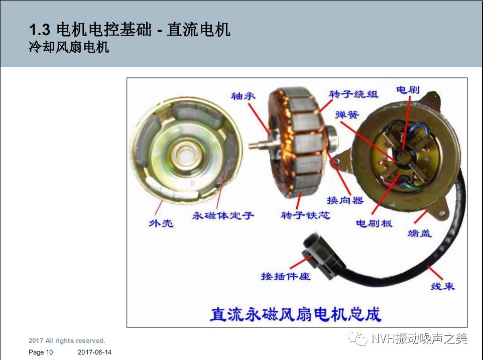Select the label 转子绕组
[x=353, y=94]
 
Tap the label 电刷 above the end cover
[x=408, y=89]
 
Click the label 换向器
[x=345, y=200]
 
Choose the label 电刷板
[x=374, y=223]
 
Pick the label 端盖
[x=419, y=233]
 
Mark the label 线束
[x=442, y=286]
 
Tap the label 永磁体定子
[x=223, y=216]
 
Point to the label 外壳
[x=161, y=222]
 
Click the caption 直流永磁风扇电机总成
[x=296, y=314]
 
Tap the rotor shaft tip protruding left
[x=253, y=146]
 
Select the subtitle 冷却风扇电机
[x=69, y=48]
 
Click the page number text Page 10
[x=41, y=352]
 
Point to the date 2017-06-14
[x=95, y=352]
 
